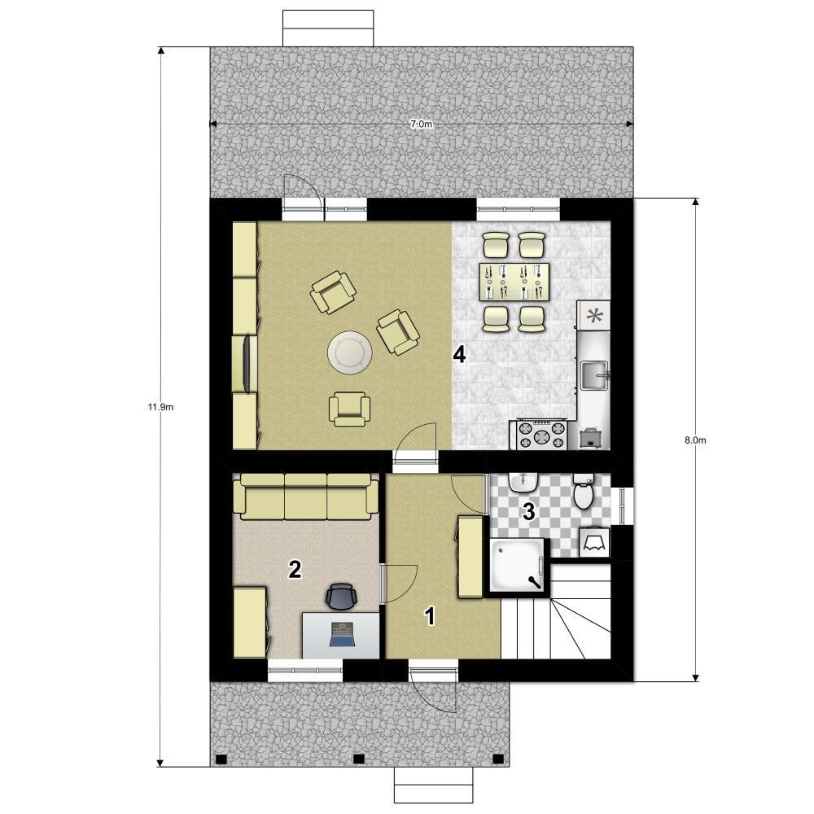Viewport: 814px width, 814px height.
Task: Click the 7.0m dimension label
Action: (421, 124)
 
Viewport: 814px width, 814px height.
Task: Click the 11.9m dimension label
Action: (161, 407)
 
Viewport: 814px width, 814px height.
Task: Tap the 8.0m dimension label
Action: (695, 440)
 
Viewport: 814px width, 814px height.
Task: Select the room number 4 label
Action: (459, 355)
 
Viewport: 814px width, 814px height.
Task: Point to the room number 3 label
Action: (528, 512)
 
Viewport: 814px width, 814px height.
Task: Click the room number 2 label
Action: (295, 570)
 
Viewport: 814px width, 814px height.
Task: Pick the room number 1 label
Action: (430, 617)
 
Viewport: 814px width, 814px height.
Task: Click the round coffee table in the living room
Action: (350, 352)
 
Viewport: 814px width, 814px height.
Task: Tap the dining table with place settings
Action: (514, 282)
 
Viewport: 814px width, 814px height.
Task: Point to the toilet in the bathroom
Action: (584, 491)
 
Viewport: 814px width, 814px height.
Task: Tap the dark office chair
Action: (342, 596)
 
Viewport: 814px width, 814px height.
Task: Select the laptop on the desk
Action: (342, 634)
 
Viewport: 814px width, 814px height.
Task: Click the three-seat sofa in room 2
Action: (306, 497)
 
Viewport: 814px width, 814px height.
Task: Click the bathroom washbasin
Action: (523, 483)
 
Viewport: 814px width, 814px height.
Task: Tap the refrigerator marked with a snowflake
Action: (594, 316)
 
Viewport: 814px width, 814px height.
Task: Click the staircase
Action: (555, 612)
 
